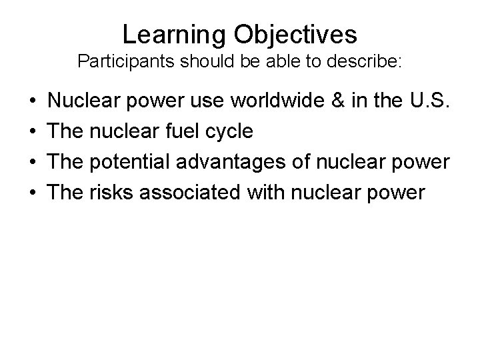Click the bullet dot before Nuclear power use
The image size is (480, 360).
tap(33, 101)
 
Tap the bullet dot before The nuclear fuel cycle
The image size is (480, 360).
tap(33, 132)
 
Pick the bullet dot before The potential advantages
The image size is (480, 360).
tap(33, 162)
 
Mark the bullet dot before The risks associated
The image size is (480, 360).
tap(33, 193)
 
